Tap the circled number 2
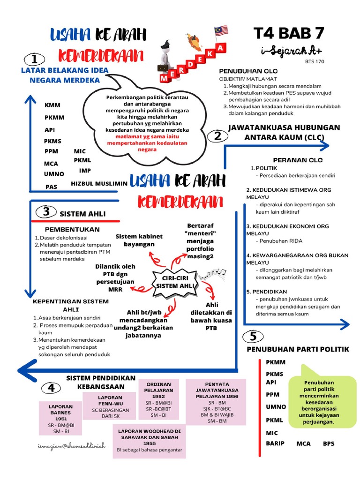click(217, 136)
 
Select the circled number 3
click(46, 212)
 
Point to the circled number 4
click(51, 388)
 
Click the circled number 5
click(253, 337)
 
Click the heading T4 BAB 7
click(289, 34)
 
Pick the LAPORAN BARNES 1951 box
click(61, 418)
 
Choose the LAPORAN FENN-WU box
click(111, 406)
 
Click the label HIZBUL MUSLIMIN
click(99, 184)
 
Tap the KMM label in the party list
click(52, 105)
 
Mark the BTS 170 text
click(314, 61)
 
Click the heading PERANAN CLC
click(298, 160)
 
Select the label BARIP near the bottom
click(275, 443)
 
